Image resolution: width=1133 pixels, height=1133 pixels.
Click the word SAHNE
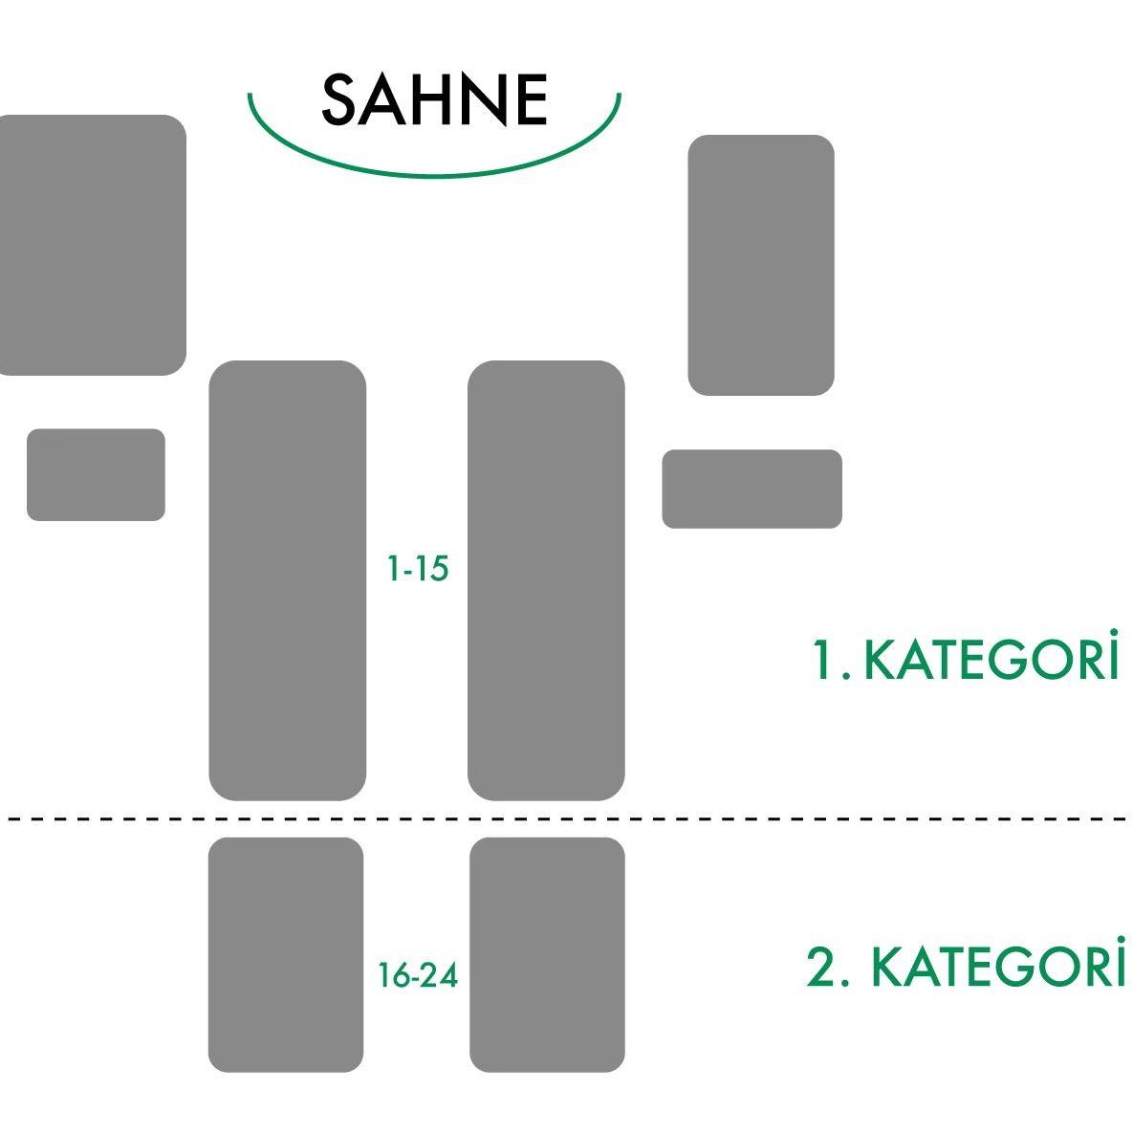(x=434, y=99)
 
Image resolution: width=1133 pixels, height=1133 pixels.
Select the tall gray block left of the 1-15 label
(x=288, y=580)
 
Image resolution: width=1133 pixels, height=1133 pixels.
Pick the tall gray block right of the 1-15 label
(x=546, y=580)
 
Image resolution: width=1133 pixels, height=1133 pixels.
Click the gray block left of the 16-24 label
(x=286, y=954)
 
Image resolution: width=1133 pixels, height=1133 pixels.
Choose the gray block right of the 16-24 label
(x=547, y=954)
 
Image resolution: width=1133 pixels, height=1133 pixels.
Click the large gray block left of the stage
(x=93, y=245)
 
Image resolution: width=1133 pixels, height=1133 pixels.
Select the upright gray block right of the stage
(x=761, y=265)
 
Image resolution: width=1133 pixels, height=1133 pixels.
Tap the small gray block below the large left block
(x=97, y=475)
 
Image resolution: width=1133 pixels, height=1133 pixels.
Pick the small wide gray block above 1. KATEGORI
(x=752, y=490)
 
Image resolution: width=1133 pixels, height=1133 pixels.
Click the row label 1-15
(x=419, y=569)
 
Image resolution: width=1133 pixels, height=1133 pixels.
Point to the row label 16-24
(x=419, y=975)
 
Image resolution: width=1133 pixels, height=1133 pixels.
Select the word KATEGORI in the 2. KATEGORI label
(x=998, y=963)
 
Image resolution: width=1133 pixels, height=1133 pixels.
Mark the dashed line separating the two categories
(x=566, y=818)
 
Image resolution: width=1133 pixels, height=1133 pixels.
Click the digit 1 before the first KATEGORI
(x=821, y=659)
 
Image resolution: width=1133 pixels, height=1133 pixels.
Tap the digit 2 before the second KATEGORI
(x=821, y=966)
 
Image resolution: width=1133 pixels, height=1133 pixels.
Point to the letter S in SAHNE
(x=338, y=99)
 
